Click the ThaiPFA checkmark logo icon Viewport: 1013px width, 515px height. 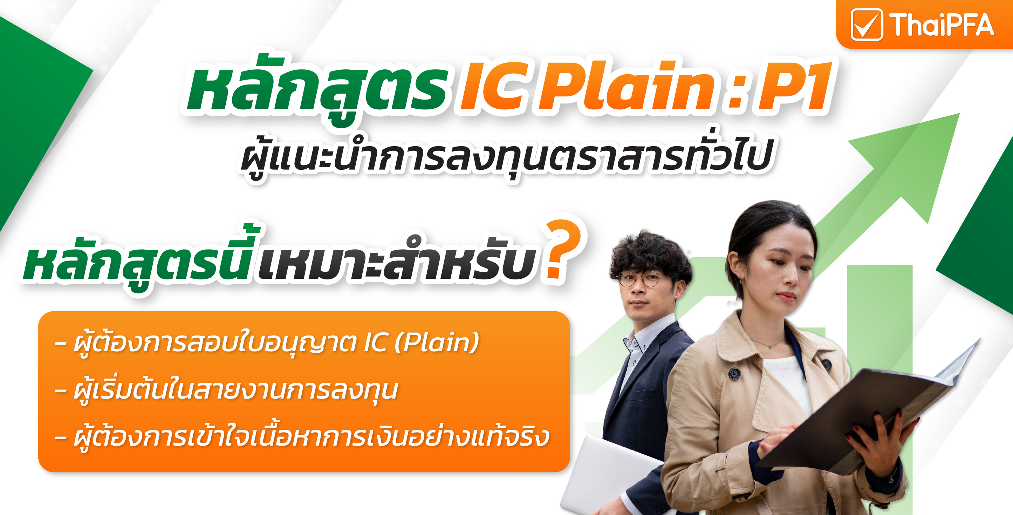pyautogui.click(x=867, y=25)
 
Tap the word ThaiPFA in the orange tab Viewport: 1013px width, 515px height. pyautogui.click(x=942, y=25)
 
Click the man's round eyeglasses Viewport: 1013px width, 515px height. pyautogui.click(x=640, y=279)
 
